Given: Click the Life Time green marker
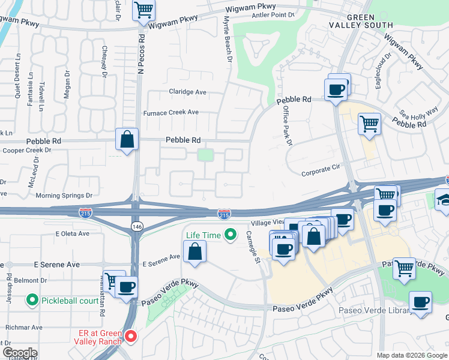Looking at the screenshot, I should pos(229,235).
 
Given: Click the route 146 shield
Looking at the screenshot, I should pos(136,224).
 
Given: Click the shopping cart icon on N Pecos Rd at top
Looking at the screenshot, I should pos(143,10).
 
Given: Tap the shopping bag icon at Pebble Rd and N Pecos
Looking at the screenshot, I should pos(127,140).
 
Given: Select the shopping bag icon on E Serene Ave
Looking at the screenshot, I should pos(195,251).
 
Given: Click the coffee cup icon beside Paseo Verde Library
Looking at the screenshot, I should pos(421,302).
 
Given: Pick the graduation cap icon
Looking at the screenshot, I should pos(444,200).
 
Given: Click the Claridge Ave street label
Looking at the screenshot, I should pos(187,92).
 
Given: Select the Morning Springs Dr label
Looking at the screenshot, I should pos(64,196).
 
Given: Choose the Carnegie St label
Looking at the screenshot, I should pos(255,246).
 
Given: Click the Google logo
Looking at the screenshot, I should pos(20,352).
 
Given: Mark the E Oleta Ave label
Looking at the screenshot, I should pos(72,233).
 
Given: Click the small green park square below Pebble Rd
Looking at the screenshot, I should pos(206,155).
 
